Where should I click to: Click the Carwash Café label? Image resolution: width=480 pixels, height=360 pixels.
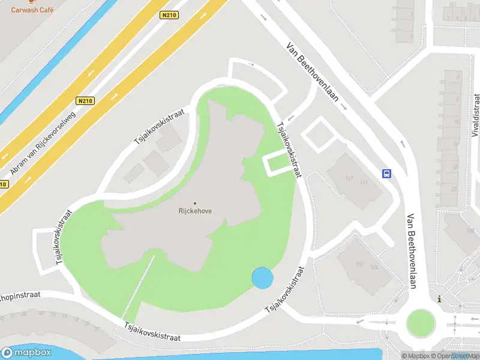(32, 10)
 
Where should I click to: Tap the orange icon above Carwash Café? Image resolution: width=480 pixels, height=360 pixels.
(32, 2)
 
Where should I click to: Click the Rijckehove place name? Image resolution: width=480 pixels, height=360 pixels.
(195, 211)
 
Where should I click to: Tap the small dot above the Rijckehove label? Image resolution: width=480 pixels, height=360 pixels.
(195, 203)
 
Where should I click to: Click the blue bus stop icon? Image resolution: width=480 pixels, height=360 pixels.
(387, 174)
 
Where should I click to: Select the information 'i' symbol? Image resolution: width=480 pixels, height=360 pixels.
(440, 299)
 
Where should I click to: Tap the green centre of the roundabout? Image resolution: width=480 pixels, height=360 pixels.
(420, 323)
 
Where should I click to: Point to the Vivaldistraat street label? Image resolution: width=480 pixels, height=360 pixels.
(476, 120)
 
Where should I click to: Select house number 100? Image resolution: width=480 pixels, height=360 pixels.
(359, 264)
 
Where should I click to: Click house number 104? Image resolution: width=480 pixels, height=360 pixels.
(375, 268)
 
